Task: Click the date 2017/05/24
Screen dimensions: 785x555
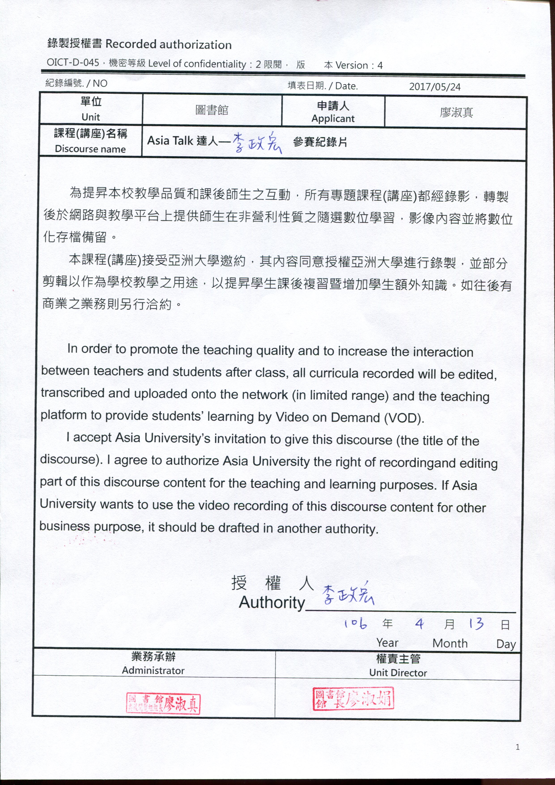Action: pos(435,87)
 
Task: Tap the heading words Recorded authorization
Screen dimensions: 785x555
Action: pos(168,45)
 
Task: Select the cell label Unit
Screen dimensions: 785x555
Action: pos(91,117)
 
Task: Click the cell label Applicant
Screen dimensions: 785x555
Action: pos(333,119)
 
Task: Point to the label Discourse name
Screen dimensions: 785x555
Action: pos(90,149)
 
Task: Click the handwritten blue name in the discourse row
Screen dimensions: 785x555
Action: pos(257,143)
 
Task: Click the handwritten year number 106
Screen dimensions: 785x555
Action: pos(356,623)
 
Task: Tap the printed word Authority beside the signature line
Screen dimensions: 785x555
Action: pos(272,602)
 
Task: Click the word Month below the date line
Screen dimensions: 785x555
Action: pos(450,643)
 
